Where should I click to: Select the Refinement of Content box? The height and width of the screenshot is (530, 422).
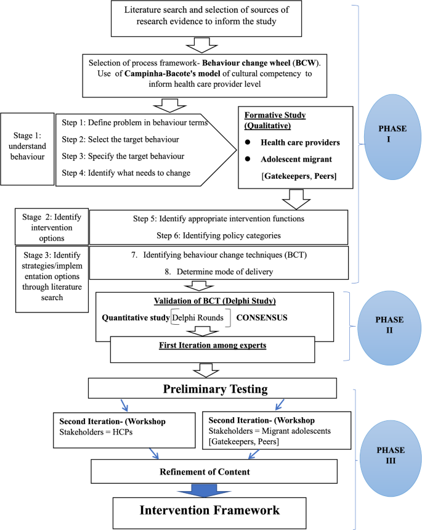213,471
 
